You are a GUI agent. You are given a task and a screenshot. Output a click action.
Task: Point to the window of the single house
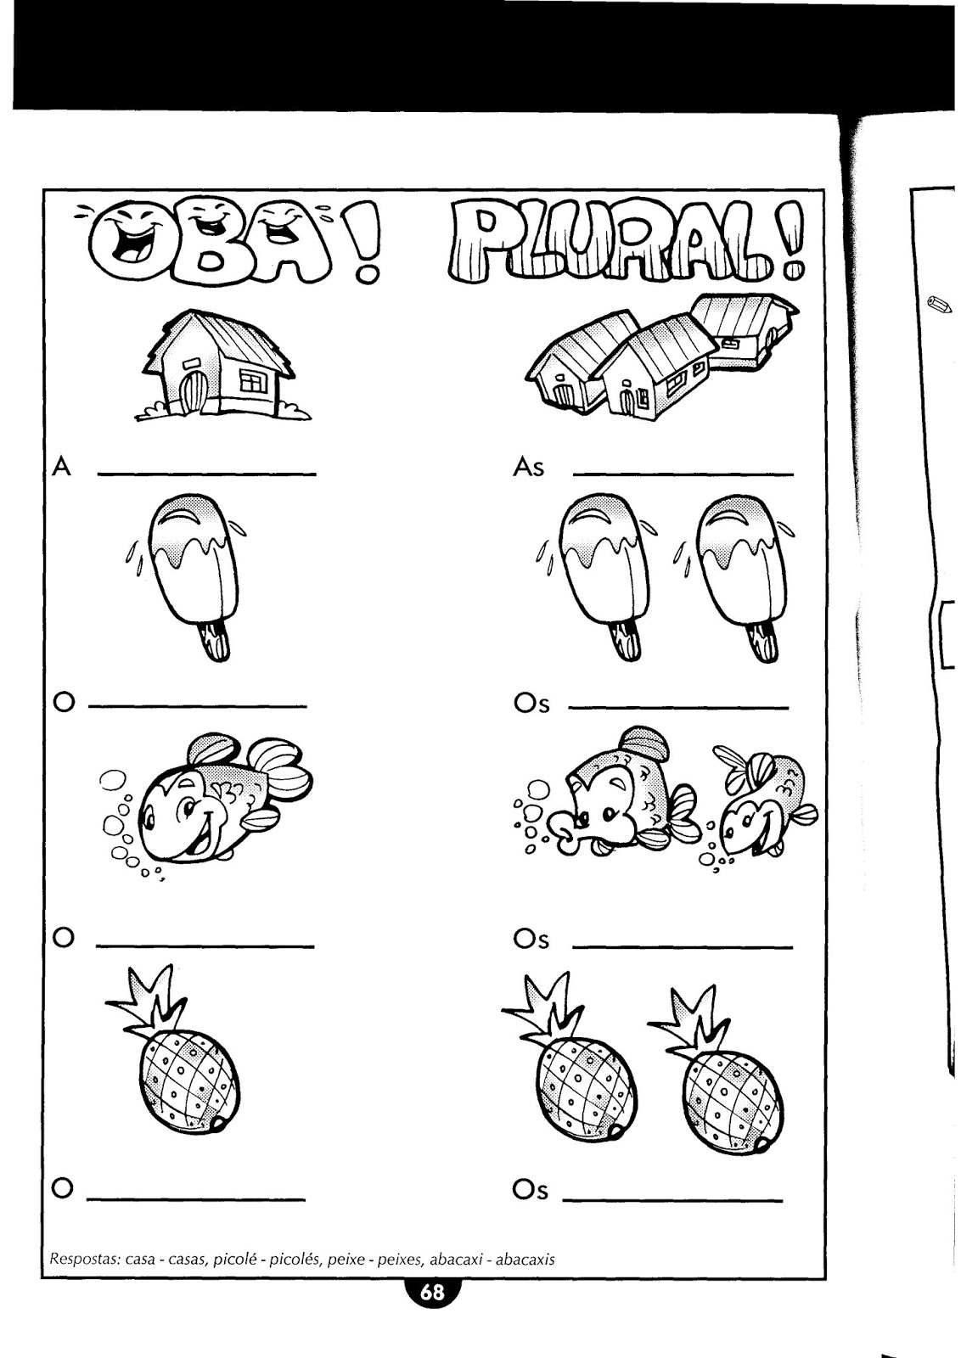click(x=254, y=380)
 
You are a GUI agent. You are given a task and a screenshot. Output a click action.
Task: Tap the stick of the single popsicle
click(x=216, y=640)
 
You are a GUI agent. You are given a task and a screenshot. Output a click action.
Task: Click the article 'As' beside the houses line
click(x=529, y=468)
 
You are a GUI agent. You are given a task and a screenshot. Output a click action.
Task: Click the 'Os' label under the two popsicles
click(x=531, y=703)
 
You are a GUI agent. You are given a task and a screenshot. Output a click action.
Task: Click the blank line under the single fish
click(x=205, y=946)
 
